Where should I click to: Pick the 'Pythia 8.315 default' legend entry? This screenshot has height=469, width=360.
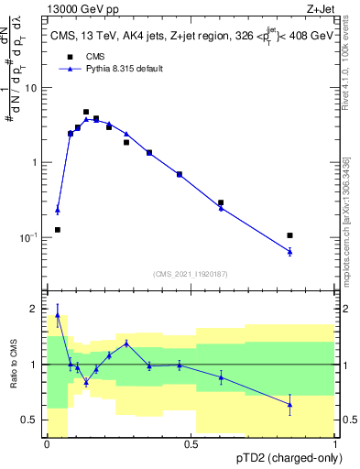click(x=109, y=69)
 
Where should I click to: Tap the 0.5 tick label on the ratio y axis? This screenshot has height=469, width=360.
click(x=32, y=420)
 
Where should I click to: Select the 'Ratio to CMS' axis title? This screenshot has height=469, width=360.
click(x=12, y=365)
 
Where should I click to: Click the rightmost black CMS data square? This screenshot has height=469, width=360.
click(x=289, y=235)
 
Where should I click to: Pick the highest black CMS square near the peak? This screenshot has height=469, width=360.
click(x=86, y=112)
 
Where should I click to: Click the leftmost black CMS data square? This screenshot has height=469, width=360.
click(x=58, y=230)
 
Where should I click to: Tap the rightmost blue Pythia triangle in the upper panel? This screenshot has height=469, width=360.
click(x=289, y=251)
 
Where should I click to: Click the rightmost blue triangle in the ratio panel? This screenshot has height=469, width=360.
click(x=289, y=404)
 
